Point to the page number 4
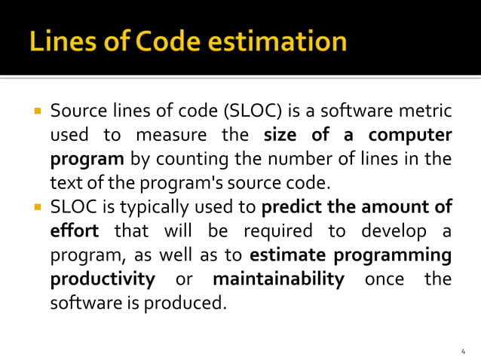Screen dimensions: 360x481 pos(463,351)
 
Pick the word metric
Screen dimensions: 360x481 pos(428,113)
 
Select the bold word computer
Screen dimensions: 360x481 pos(410,136)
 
